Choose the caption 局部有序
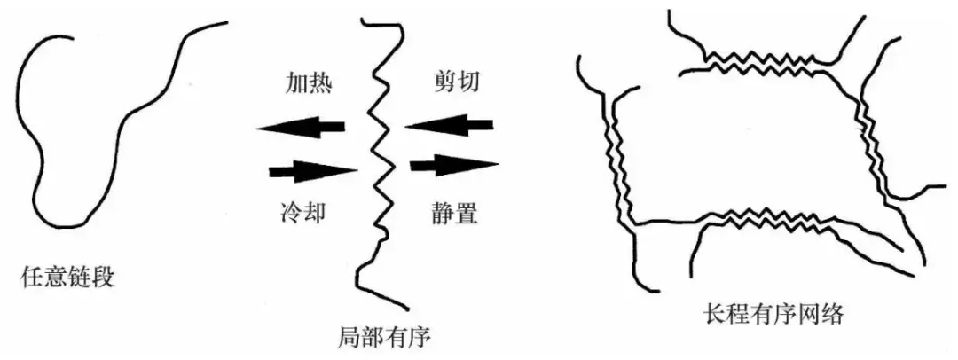[x=383, y=338]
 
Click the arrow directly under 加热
[x=301, y=129]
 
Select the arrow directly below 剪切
[x=448, y=126]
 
